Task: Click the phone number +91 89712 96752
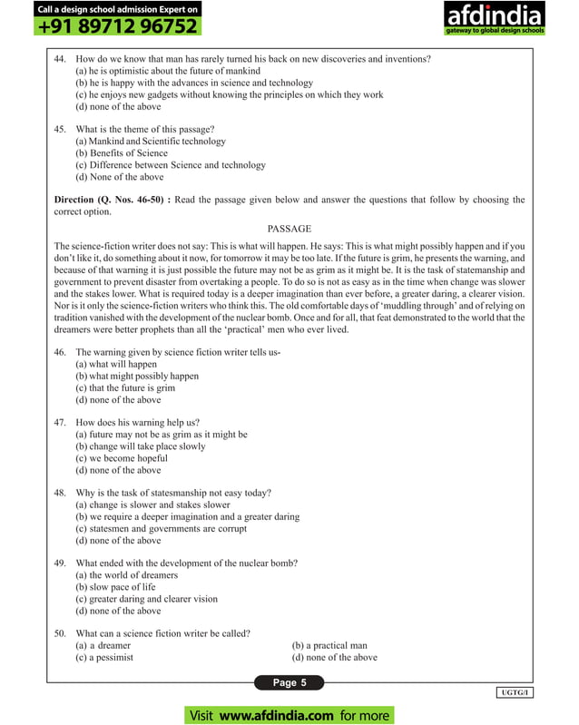point(116,26)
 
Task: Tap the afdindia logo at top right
point(493,20)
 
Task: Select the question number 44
point(61,59)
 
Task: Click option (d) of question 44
point(118,106)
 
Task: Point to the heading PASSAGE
point(289,229)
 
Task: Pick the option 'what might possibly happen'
point(137,376)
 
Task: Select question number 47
point(61,423)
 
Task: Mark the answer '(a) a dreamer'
point(104,645)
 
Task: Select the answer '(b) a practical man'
point(329,645)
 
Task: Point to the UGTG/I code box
point(515,693)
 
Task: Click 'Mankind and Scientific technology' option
point(151,142)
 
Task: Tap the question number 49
point(61,563)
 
